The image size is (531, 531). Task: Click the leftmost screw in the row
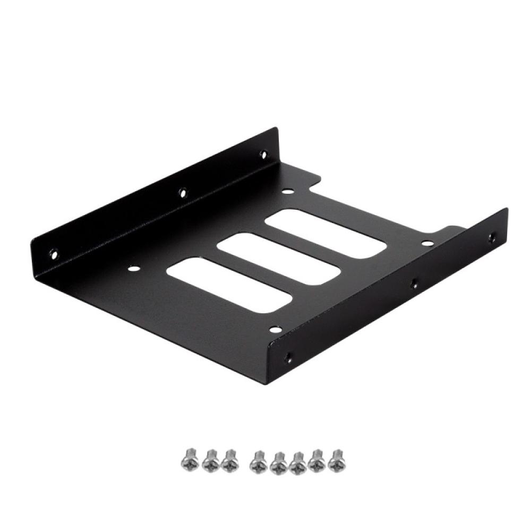pyautogui.click(x=189, y=460)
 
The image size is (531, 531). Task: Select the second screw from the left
pyautogui.click(x=210, y=460)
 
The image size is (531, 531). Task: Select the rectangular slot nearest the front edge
pyautogui.click(x=229, y=285)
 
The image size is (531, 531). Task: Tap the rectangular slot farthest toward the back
pyautogui.click(x=326, y=233)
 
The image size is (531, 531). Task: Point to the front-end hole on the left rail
pyautogui.click(x=53, y=253)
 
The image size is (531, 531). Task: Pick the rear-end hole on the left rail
pyautogui.click(x=263, y=155)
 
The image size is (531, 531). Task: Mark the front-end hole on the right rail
pyautogui.click(x=288, y=358)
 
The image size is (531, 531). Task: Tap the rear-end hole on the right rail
pyautogui.click(x=492, y=238)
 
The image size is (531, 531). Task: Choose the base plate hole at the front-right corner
pyautogui.click(x=274, y=330)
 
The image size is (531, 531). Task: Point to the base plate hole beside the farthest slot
pyautogui.click(x=287, y=193)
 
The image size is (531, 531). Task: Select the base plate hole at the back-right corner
pyautogui.click(x=427, y=244)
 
